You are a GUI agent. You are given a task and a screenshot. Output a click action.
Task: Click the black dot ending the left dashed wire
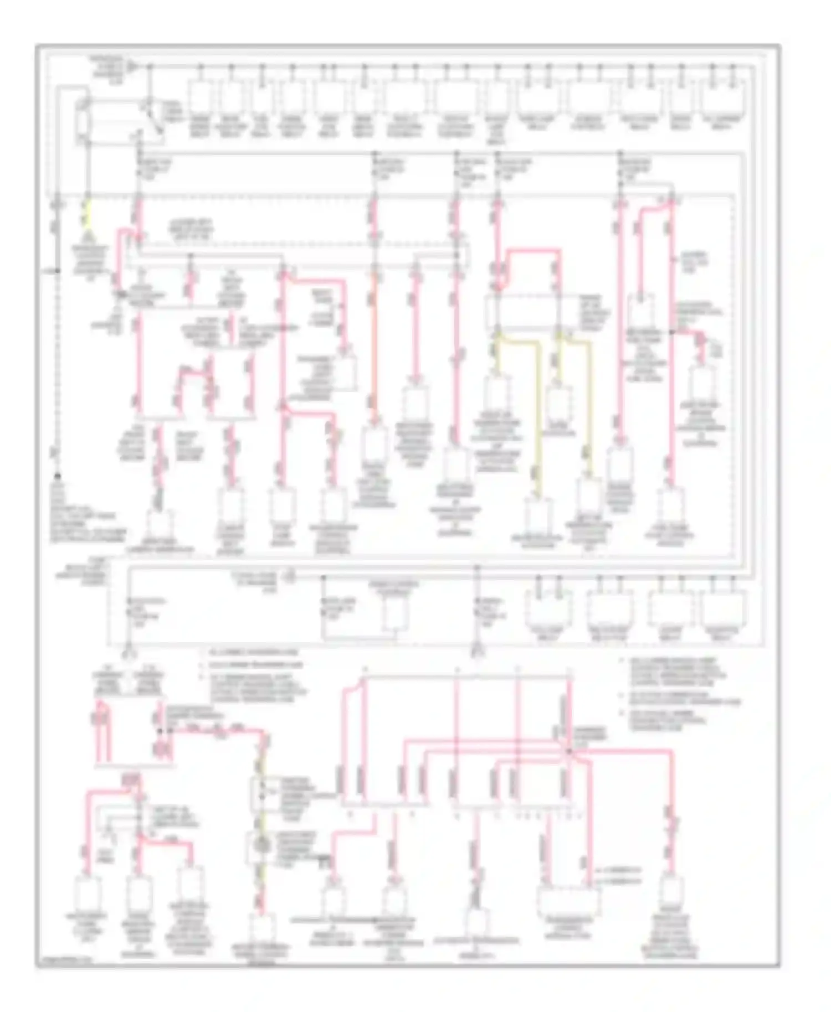[x=57, y=476]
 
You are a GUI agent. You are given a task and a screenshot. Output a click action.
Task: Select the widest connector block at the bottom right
[x=568, y=901]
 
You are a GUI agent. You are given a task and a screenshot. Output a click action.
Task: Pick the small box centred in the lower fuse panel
[x=395, y=615]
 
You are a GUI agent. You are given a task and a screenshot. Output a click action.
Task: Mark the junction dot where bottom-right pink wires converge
[x=569, y=751]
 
